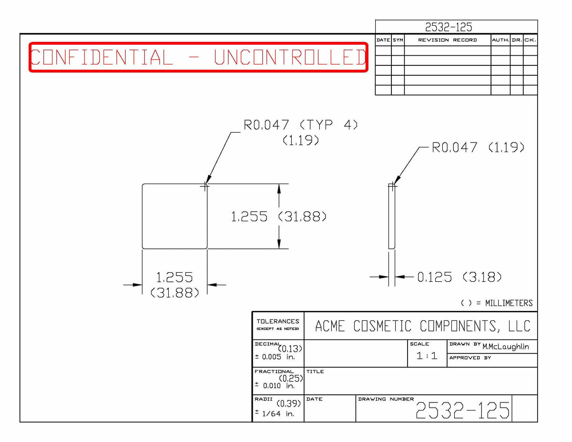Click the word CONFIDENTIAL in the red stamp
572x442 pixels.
pos(102,57)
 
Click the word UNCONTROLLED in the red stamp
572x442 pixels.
pos(290,57)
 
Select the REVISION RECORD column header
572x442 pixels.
pos(447,40)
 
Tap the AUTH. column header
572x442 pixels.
pos(500,40)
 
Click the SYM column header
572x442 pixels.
pos(398,40)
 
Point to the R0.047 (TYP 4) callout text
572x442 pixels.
pos(301,124)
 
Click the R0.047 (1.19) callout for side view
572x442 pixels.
pos(478,147)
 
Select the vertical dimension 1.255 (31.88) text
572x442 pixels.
pos(279,216)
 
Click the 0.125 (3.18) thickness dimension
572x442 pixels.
pos(460,277)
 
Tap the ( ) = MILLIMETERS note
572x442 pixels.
pos(497,303)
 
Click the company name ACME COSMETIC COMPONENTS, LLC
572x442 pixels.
pos(422,326)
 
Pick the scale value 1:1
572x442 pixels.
pos(427,356)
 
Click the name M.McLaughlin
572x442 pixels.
pos(505,347)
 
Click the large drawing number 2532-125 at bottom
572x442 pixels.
pos(462,410)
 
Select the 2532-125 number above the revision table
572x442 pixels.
pos(449,27)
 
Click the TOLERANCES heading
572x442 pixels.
pos(278,321)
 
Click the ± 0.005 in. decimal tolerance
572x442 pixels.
pos(275,357)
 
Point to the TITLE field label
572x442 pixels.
pos(315,371)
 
